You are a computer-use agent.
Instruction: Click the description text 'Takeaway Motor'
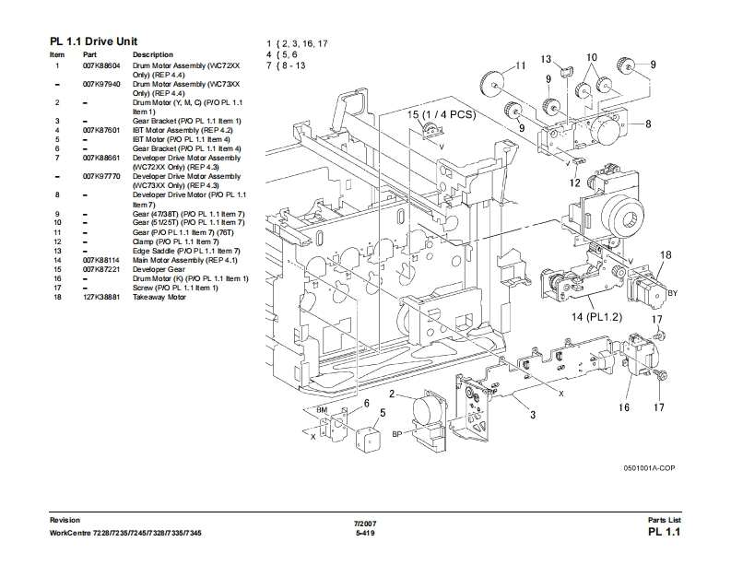(x=159, y=297)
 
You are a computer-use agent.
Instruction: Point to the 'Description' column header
(x=153, y=55)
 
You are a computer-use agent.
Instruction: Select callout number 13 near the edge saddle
(x=546, y=59)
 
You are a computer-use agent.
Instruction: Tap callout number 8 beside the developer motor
(x=648, y=124)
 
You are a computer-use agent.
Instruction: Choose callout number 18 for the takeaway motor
(x=665, y=254)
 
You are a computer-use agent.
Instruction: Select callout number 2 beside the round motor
(x=392, y=394)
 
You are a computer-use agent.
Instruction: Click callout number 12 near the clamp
(x=574, y=182)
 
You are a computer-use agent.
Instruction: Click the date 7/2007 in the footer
(x=365, y=524)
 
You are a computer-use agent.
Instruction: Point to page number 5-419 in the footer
(x=365, y=534)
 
